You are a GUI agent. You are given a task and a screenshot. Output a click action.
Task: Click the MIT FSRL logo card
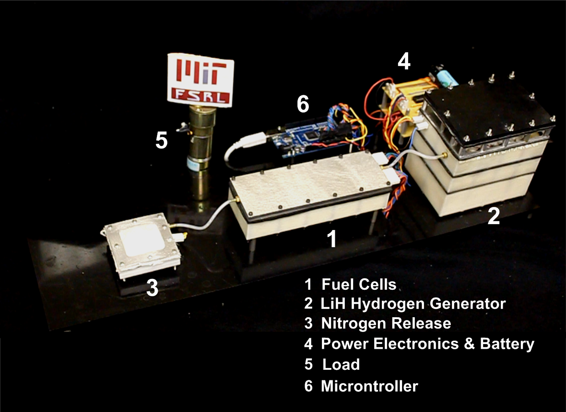[200, 80]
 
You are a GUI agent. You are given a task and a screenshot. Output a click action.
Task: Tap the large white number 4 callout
[404, 61]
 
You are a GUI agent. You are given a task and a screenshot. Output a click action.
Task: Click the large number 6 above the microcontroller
[303, 104]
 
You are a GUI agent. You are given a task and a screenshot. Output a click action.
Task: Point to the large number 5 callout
[161, 140]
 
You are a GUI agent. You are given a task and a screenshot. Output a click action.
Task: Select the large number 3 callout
[152, 287]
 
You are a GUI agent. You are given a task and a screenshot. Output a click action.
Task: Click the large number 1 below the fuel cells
[331, 239]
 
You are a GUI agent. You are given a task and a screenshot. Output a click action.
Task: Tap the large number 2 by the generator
[494, 216]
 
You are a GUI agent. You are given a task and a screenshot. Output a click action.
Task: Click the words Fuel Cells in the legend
[359, 285]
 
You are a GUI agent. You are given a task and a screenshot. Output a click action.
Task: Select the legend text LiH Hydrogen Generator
[413, 304]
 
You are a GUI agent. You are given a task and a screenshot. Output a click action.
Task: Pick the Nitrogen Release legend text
[386, 323]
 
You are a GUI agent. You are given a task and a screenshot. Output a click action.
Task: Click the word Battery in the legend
[507, 343]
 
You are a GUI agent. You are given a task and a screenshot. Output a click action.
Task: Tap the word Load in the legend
[341, 365]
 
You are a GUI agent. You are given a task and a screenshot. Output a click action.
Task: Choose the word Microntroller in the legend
[369, 386]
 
